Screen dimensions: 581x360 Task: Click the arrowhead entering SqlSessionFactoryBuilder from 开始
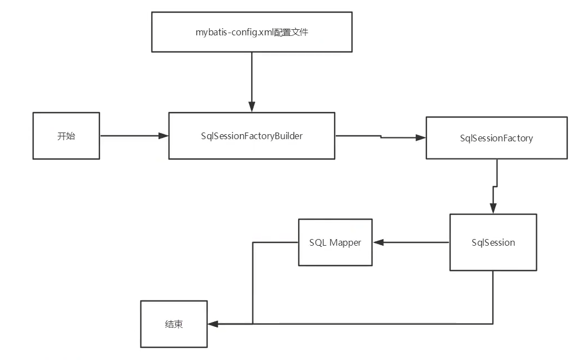tap(163, 136)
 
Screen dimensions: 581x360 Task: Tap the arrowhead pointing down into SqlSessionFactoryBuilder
tap(252, 107)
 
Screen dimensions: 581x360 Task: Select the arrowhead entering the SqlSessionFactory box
tap(421, 138)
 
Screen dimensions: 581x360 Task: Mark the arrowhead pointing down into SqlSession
tap(493, 208)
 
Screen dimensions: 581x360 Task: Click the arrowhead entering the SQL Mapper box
tap(378, 242)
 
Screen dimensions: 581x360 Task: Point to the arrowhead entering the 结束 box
tap(213, 324)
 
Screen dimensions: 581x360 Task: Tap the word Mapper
tap(345, 243)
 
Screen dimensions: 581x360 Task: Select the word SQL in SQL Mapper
tap(318, 242)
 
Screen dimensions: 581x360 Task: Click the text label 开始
tap(66, 136)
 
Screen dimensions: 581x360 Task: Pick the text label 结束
tap(174, 324)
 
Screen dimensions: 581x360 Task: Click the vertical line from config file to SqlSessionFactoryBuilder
tap(252, 77)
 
